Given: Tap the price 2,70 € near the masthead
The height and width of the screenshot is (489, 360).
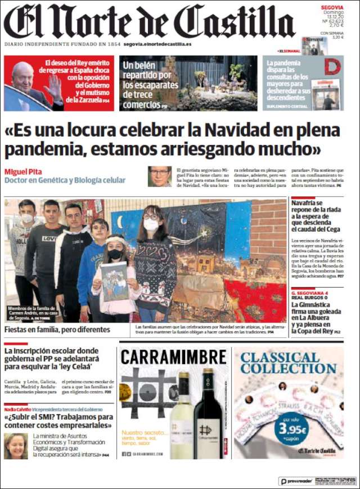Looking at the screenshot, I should point(336,25).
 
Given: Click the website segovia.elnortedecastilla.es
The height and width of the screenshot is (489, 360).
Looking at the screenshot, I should point(157,43).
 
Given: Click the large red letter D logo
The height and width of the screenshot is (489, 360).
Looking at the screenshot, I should point(332,67).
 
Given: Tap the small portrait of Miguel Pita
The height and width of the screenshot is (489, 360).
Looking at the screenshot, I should point(160,176).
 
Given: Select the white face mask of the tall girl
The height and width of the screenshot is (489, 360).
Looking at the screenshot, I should point(151,224).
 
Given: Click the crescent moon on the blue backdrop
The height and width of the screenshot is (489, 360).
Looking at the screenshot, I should point(120,222).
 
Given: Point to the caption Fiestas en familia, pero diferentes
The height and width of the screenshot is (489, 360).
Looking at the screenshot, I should point(57,329).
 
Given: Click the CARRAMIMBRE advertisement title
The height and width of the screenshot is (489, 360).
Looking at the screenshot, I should point(173,357).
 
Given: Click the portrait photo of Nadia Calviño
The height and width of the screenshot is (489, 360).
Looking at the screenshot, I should point(16,446).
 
